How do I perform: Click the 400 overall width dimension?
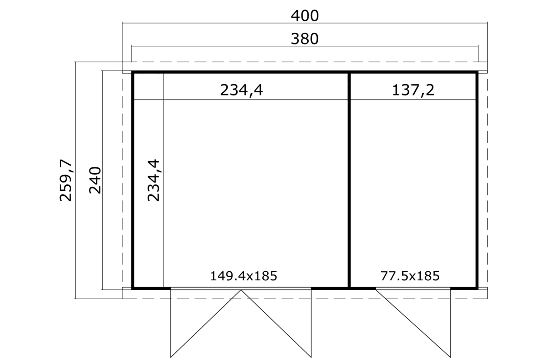coord(305,16)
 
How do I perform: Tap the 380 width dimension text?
coord(305,39)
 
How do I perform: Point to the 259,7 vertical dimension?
coord(66,180)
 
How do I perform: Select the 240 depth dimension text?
coord(95,180)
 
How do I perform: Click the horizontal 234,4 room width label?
coord(241,90)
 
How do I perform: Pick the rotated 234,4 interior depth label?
coord(153,180)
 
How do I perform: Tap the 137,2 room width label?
coord(413,90)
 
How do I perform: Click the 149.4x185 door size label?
coord(244,276)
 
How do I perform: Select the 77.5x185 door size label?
coord(410,276)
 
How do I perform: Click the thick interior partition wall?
coord(349,180)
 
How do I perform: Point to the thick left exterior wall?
coord(133,180)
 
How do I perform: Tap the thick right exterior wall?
coord(477,180)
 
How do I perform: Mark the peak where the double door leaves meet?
coord(241,290)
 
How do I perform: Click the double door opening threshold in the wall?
coord(241,288)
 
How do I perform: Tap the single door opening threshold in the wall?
coord(413,288)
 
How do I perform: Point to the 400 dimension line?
coord(305,23)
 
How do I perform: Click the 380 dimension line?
coord(305,46)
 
